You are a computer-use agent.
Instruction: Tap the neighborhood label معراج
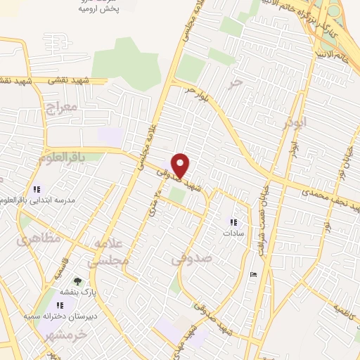pos(60,108)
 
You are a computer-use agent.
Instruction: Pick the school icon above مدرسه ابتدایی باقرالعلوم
pos(37,189)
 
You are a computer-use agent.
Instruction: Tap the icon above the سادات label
pos(233,222)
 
